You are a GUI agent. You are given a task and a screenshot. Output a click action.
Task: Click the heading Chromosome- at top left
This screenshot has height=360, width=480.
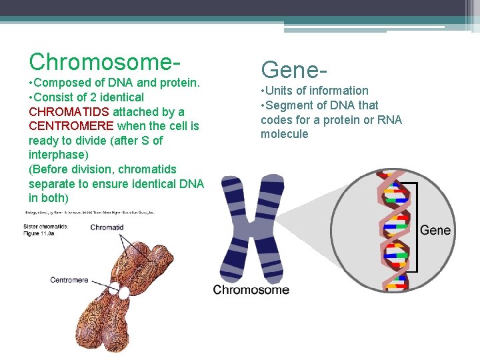click(104, 61)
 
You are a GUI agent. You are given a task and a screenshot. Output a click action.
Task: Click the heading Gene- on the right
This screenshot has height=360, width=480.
click(294, 69)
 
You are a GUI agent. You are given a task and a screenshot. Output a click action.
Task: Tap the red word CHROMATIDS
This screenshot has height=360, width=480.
click(69, 112)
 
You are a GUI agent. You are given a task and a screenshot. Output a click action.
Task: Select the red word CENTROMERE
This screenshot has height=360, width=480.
click(71, 126)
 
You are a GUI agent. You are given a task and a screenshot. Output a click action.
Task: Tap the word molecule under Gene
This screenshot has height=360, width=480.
click(285, 134)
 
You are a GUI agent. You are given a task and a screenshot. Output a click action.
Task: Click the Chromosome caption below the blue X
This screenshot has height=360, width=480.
click(251, 290)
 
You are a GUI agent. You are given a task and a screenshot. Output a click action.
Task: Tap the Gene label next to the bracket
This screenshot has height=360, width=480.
click(435, 230)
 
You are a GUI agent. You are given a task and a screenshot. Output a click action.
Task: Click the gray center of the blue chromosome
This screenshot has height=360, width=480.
click(252, 230)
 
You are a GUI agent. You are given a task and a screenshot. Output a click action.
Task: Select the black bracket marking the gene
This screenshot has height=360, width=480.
click(416, 227)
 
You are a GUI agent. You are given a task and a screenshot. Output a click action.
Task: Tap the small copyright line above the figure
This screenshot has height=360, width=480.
click(90, 213)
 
